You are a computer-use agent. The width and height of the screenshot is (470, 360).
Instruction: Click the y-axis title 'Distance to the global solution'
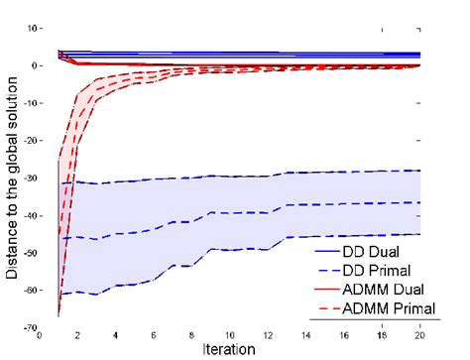12,175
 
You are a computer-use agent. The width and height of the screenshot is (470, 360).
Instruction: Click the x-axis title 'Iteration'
230,350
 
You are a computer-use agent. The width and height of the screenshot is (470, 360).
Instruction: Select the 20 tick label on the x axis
419,336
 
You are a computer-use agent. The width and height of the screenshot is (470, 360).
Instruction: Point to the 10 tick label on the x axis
230,336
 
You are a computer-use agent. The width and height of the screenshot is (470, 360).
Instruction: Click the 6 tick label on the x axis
154,336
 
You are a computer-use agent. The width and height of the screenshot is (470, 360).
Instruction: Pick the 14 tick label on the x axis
305,336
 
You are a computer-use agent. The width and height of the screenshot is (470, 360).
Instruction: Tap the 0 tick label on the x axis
40,336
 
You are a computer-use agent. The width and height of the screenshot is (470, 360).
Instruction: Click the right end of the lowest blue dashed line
420,234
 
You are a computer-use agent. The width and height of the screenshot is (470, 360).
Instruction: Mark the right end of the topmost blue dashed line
420,171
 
